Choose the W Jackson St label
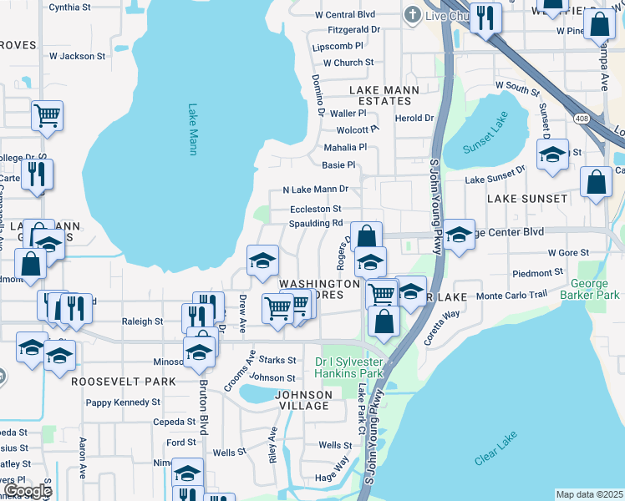tap(78, 57)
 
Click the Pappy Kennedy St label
tap(123, 402)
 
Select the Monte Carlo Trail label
tap(511, 296)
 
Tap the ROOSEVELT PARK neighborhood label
tap(123, 381)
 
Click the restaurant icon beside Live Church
tap(485, 18)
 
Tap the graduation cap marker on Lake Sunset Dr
tap(552, 155)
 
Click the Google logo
tap(28, 491)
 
